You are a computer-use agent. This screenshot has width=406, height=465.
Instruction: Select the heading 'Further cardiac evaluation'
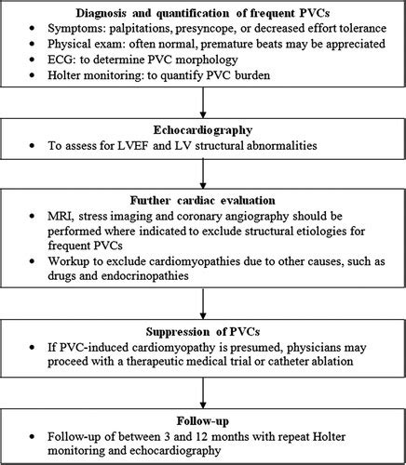click(203, 199)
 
